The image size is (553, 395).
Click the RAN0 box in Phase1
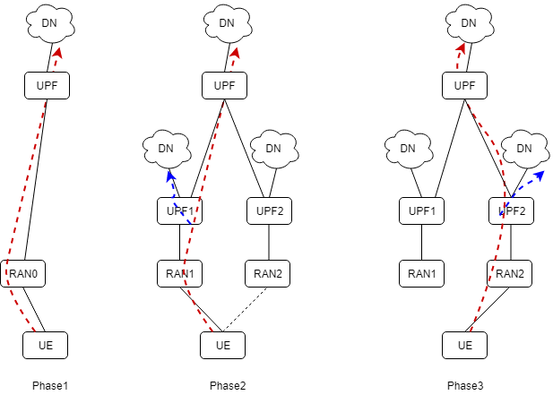(23, 273)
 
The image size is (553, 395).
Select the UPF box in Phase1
(47, 86)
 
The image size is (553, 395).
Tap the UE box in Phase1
(45, 344)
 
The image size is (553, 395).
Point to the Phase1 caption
(50, 385)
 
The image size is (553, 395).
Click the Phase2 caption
(228, 385)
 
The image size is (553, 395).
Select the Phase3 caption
(465, 385)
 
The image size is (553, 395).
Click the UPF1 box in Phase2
(179, 210)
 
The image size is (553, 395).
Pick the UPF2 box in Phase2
(270, 210)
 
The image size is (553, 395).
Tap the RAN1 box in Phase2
(179, 273)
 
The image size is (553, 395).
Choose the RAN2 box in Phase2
(270, 273)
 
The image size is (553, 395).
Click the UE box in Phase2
(223, 344)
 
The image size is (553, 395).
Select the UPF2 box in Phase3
(511, 210)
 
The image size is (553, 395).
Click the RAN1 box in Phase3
(422, 273)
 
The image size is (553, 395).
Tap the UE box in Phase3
(465, 344)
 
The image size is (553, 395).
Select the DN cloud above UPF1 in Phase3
(409, 148)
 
